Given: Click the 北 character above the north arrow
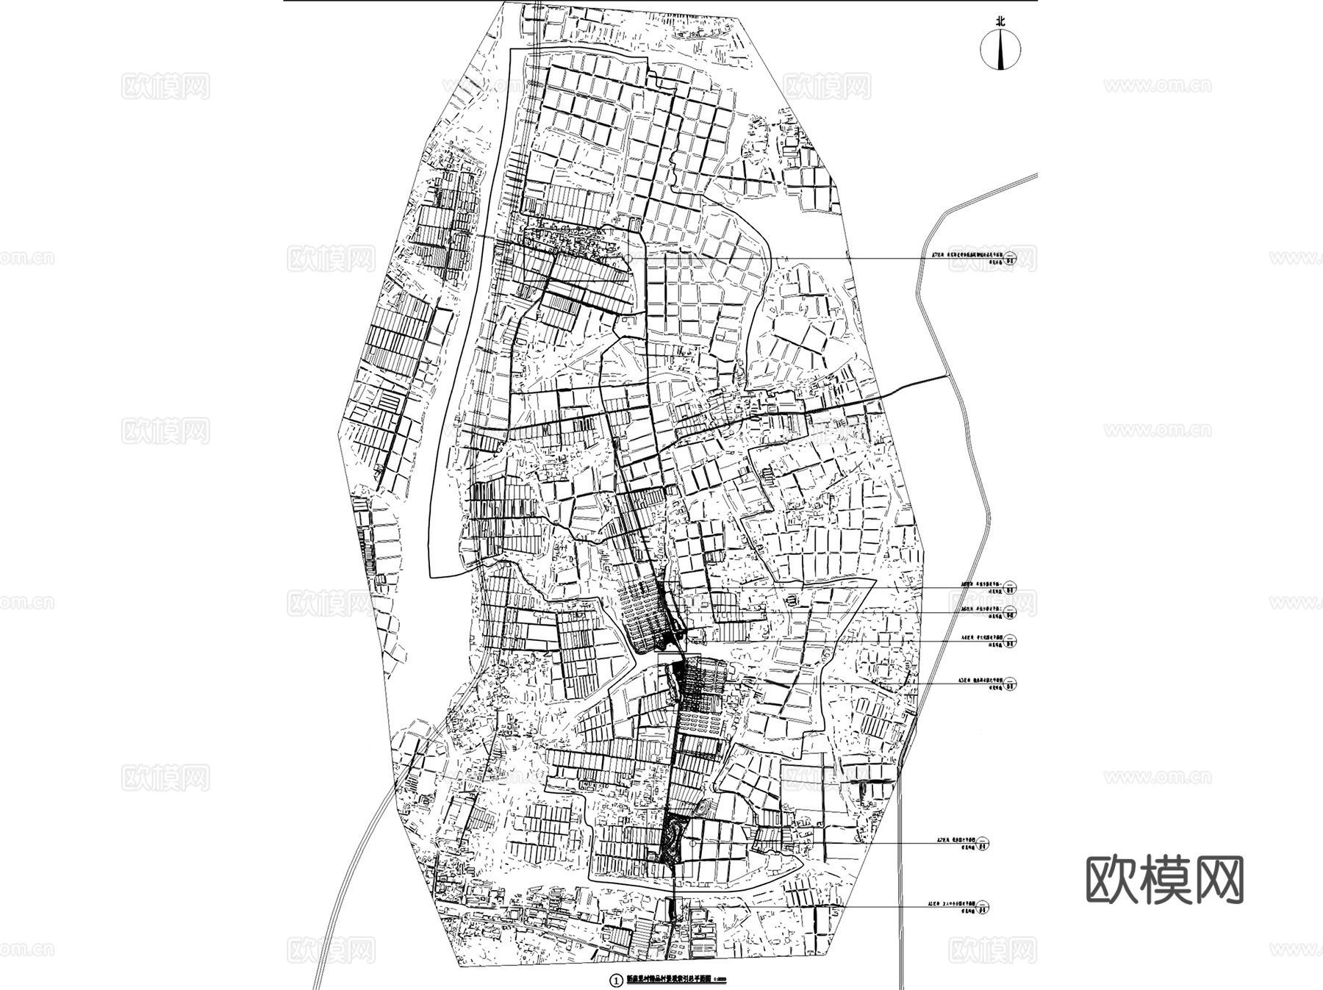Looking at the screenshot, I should (1000, 23).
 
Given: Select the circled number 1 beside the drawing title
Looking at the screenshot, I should (616, 979).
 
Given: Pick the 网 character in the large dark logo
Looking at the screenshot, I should (1218, 879).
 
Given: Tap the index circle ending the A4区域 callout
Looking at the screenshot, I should (1012, 640).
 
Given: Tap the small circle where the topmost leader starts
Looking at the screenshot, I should (629, 258).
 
